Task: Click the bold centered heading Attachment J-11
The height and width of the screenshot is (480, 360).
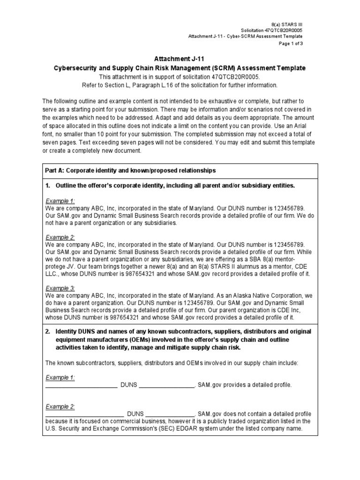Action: pos(180,59)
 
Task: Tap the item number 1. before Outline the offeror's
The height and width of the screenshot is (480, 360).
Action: pos(48,186)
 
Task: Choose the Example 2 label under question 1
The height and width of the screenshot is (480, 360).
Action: pos(60,238)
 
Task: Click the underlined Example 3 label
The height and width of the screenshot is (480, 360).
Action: pos(60,288)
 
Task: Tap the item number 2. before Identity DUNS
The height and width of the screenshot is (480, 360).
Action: pos(48,331)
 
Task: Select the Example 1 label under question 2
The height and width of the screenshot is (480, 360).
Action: pos(60,377)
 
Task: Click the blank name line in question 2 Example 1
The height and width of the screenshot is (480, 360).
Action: pos(81,385)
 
